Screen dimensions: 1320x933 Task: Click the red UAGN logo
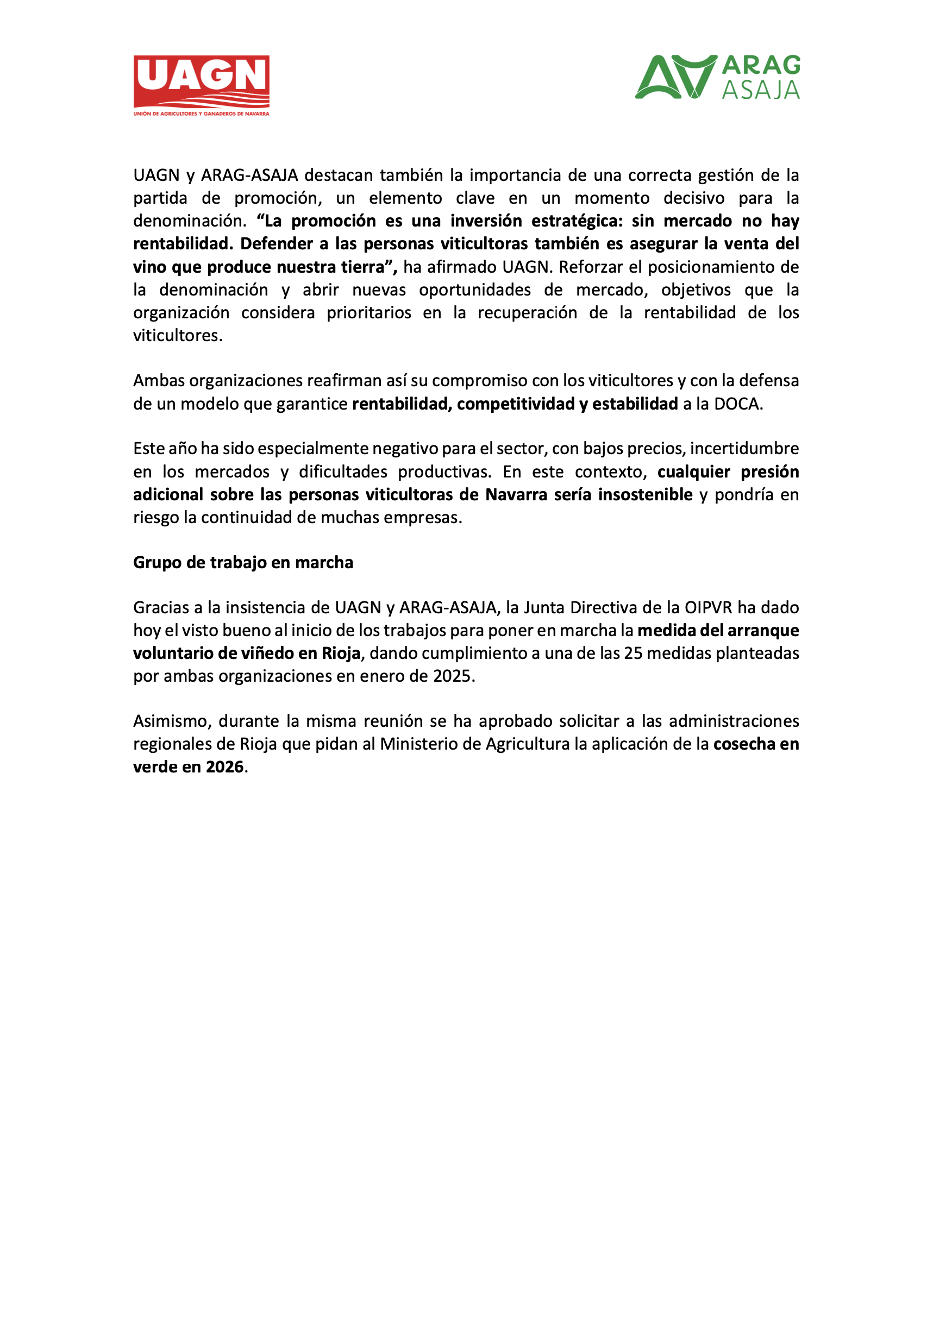pyautogui.click(x=201, y=85)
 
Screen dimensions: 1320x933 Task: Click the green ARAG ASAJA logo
pyautogui.click(x=717, y=77)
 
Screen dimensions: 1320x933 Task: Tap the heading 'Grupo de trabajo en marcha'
pyautogui.click(x=243, y=562)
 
